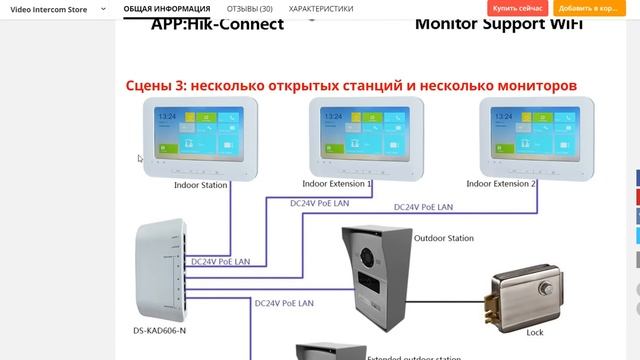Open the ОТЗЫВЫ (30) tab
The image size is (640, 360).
[249, 8]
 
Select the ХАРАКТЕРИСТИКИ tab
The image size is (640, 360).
[321, 8]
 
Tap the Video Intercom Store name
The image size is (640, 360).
[49, 8]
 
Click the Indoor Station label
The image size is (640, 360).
[200, 185]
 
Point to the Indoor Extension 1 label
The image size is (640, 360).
[337, 184]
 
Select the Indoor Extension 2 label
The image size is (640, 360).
[501, 184]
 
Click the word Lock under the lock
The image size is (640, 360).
[534, 331]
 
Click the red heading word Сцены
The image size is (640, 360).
[151, 86]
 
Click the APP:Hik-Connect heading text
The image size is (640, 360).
[217, 22]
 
